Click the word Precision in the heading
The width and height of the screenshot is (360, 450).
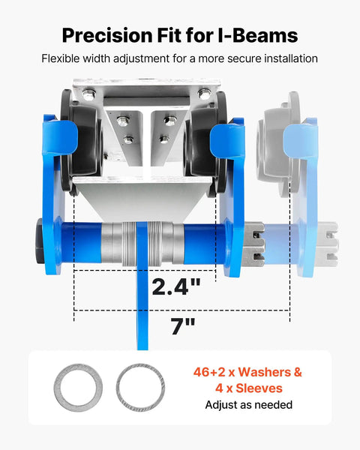click(107, 35)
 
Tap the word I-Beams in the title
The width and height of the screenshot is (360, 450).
click(258, 35)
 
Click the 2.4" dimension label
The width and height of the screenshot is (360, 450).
click(175, 287)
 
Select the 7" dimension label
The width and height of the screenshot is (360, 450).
click(183, 326)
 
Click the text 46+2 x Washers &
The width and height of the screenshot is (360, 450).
click(247, 372)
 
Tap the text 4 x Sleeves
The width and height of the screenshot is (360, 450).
click(249, 388)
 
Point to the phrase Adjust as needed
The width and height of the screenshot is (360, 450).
click(249, 405)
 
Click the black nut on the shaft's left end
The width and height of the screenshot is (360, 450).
click(40, 241)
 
